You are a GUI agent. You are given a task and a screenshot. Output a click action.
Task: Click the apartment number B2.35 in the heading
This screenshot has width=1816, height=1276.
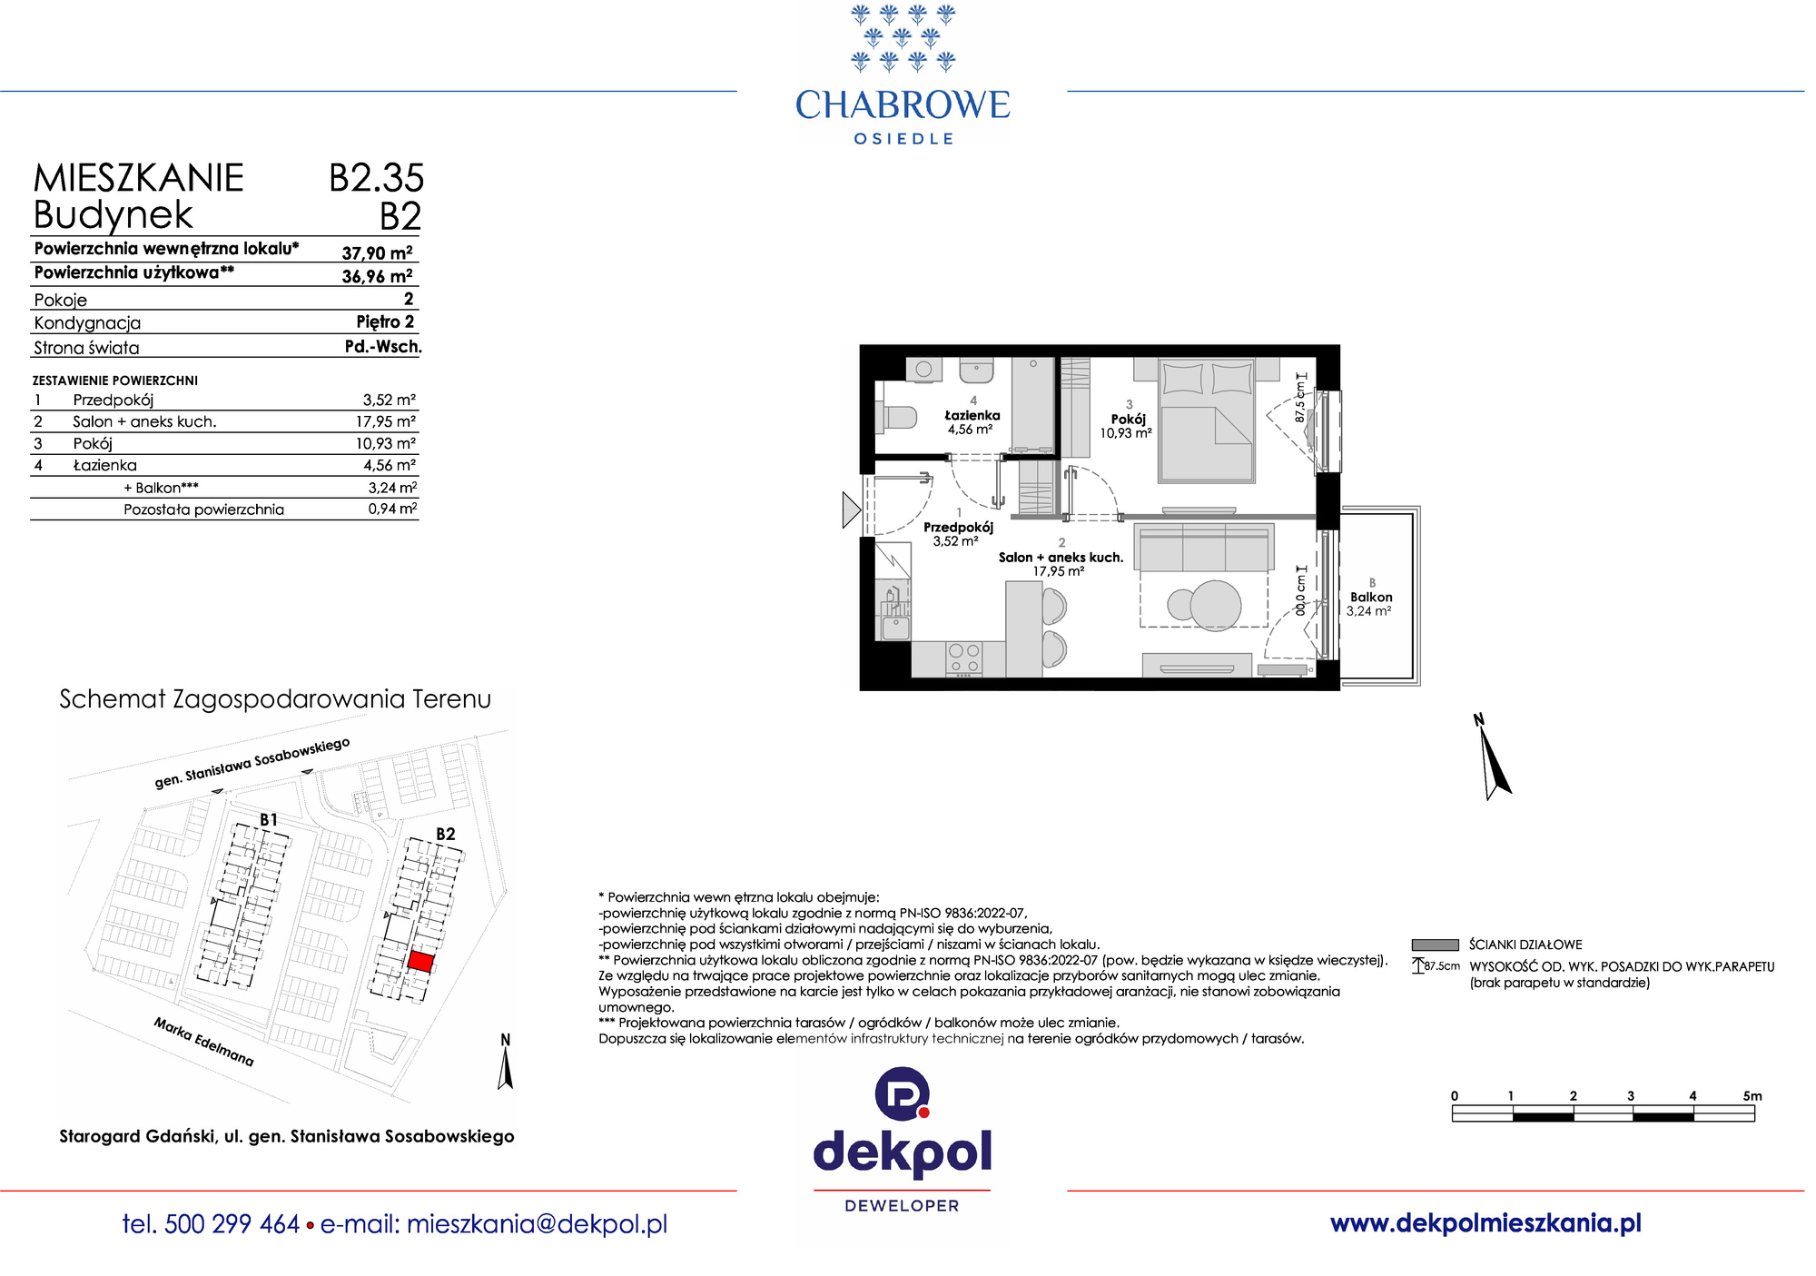[376, 178]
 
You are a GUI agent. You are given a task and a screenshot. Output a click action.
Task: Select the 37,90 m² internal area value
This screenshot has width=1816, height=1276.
[377, 253]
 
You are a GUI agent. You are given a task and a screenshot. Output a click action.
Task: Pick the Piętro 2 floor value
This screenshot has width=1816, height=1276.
[385, 322]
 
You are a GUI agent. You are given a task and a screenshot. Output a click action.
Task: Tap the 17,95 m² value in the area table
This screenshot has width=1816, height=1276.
[385, 421]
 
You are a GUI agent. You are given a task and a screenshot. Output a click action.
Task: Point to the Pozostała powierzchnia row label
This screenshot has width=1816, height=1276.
[203, 509]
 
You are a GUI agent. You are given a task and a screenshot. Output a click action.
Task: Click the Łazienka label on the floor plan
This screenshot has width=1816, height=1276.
[972, 415]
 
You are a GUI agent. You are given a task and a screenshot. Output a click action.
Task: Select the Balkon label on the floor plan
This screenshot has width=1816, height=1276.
[1371, 597]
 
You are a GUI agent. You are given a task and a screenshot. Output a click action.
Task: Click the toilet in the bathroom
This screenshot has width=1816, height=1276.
[895, 416]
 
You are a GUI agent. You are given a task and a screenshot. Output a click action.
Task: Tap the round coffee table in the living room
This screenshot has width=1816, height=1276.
[1215, 604]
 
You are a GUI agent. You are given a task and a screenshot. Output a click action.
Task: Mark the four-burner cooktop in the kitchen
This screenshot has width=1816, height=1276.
[963, 658]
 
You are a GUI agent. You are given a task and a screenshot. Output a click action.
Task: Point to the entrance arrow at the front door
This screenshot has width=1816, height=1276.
[851, 510]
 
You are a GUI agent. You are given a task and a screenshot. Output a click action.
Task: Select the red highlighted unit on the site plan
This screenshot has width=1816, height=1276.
[419, 962]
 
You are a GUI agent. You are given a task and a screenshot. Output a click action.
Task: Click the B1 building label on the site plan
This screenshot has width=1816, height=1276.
[269, 820]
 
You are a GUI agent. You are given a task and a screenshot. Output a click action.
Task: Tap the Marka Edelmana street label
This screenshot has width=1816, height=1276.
[203, 1042]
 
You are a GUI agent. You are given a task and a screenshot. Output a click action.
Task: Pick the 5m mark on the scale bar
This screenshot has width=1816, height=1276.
[1752, 1096]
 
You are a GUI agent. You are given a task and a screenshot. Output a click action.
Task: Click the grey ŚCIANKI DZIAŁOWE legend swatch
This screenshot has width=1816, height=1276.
[1435, 945]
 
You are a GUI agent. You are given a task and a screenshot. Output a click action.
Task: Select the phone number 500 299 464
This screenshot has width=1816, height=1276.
[232, 1224]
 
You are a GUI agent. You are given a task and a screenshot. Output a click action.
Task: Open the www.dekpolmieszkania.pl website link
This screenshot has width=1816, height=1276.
[1485, 1223]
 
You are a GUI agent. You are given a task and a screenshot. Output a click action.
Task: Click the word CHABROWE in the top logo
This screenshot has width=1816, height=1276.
[903, 105]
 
